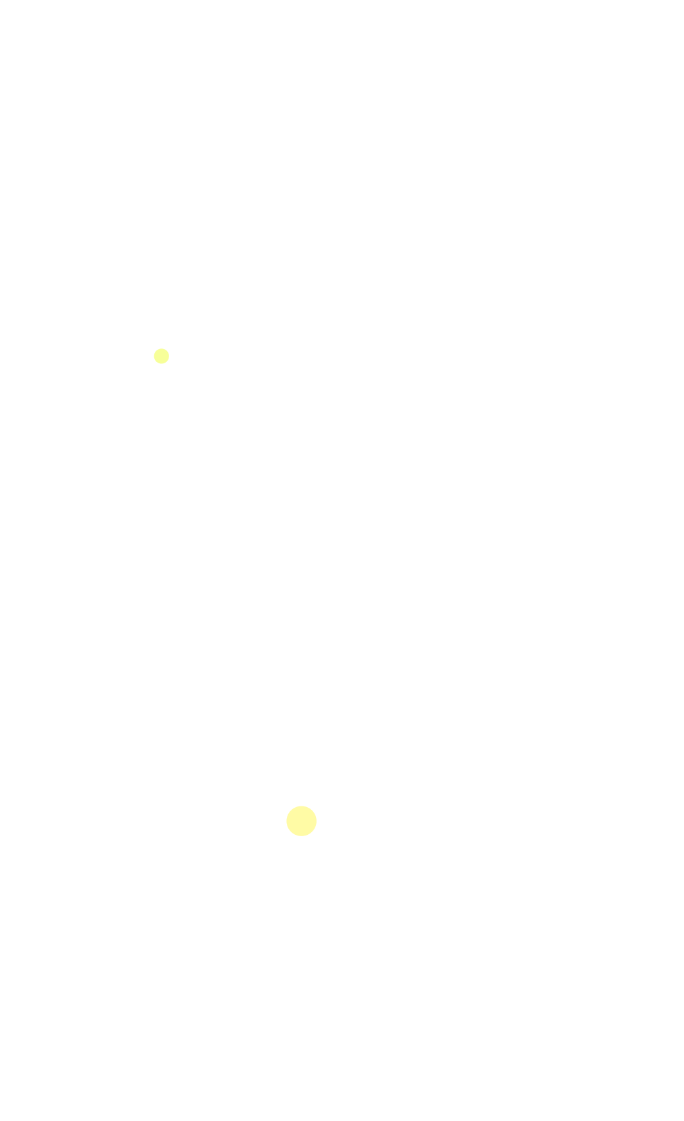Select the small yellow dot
(x=161, y=356)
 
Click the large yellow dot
(x=302, y=821)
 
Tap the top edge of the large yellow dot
(x=302, y=806)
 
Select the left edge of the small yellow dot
(x=154, y=356)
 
